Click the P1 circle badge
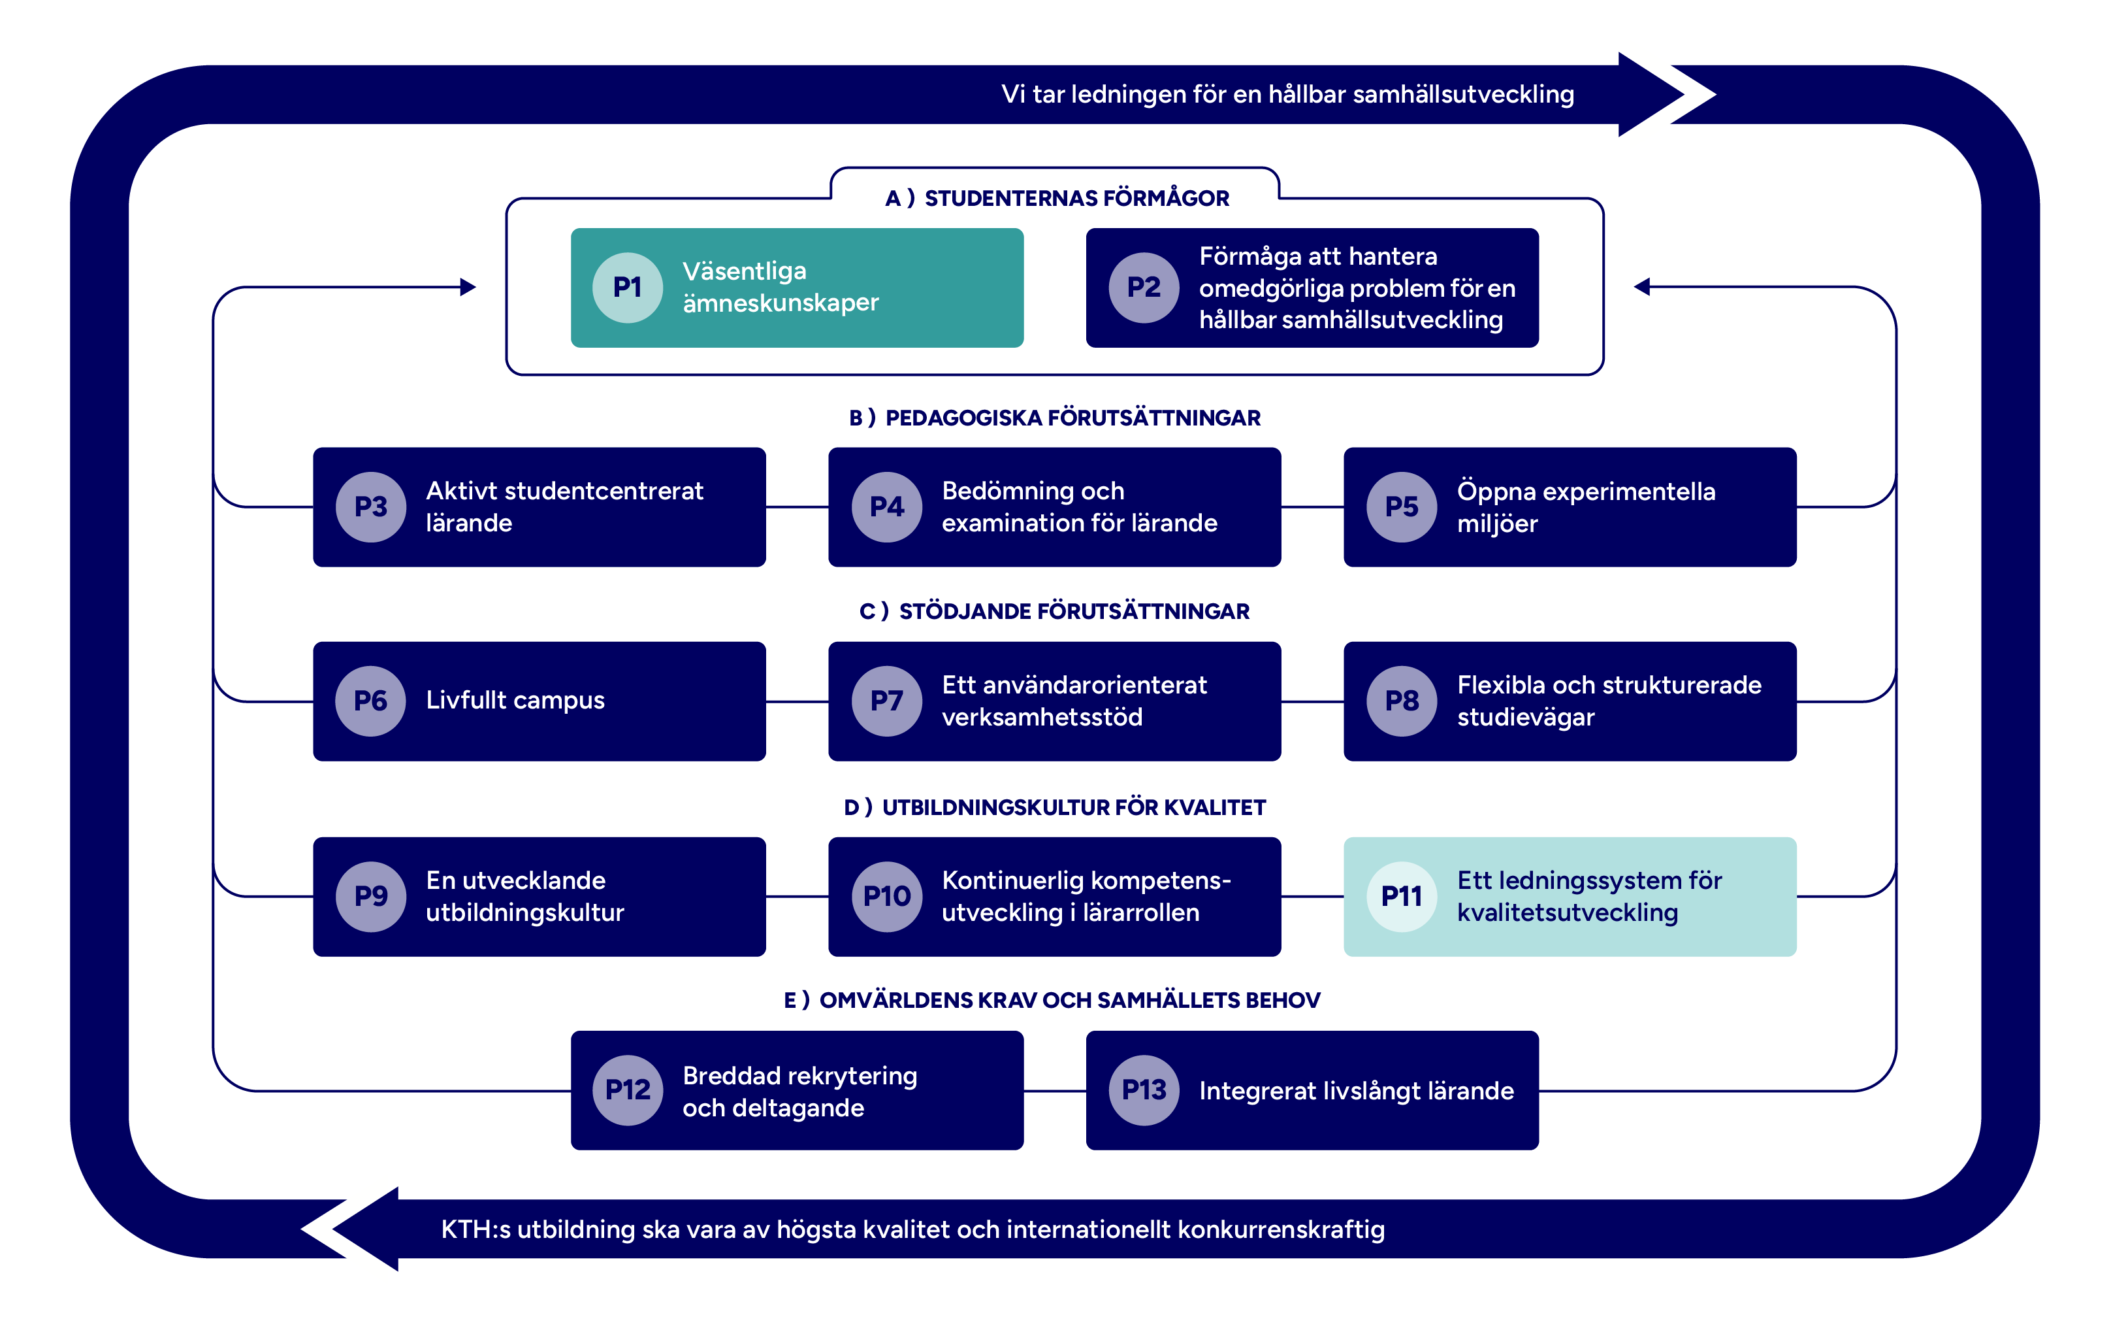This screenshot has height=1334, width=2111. pos(627,288)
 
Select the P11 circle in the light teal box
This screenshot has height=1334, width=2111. pos(1401,896)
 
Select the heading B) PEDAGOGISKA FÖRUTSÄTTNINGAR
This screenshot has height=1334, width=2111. pos(1055,418)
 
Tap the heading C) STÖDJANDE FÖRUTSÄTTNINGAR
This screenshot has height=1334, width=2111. pos(1055,611)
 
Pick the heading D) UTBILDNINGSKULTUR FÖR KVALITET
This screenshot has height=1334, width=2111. pos(1055,807)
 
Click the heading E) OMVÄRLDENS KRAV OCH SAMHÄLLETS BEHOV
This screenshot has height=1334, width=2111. pos(1052,1000)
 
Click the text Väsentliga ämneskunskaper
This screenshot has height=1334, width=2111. pos(781,287)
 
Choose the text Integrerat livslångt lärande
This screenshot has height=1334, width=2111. pos(1356,1091)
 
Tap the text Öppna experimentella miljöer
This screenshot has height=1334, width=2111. pos(1585,507)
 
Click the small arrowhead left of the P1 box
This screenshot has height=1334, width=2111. pos(468,287)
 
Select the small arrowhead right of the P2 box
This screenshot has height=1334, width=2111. pos(1642,287)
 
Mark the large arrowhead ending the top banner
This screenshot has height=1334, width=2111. pos(1652,94)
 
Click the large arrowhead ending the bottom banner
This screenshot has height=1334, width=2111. pos(364,1229)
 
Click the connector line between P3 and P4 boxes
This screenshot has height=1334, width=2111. pos(797,507)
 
